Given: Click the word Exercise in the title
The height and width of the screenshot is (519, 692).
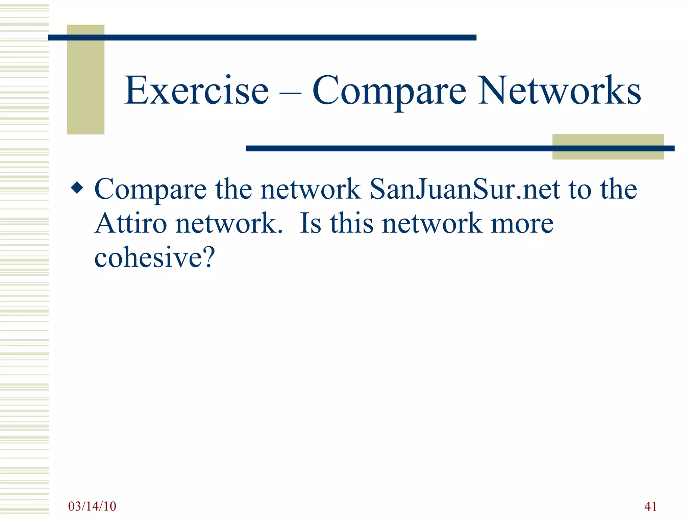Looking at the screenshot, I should point(197,91).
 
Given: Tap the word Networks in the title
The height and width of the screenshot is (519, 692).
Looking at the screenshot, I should point(559,91).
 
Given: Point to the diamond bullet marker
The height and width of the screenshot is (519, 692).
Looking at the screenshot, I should point(77,188).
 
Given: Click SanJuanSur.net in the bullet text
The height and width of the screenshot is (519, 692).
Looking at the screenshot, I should point(465,189).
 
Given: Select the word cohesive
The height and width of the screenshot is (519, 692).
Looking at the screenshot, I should point(148,257).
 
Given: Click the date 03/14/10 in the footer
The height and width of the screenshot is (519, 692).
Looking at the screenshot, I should point(92,506).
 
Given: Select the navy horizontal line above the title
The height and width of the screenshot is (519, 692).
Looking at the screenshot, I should point(262,38).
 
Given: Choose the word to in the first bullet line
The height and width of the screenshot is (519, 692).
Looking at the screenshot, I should point(580,189).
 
